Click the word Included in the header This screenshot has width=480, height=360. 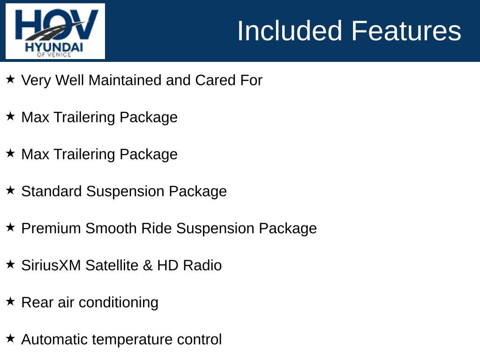click(290, 30)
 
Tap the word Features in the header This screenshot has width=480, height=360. click(406, 30)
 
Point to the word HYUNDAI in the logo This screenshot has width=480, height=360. click(54, 47)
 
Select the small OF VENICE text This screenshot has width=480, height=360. click(54, 54)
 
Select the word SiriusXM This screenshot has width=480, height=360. click(51, 265)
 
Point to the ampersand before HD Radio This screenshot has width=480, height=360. click(148, 265)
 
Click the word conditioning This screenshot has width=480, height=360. click(119, 303)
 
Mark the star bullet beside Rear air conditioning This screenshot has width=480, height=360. click(10, 301)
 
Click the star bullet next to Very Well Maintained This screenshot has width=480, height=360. click(10, 79)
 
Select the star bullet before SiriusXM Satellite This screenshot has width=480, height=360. click(10, 264)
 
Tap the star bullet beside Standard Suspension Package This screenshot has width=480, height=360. click(10, 190)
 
